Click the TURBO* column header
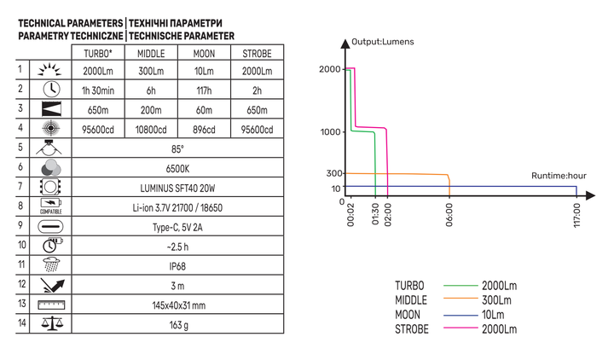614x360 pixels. point(98,53)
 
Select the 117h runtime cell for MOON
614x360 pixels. point(204,90)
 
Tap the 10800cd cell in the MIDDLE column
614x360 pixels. point(151,130)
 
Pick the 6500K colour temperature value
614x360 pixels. point(177,169)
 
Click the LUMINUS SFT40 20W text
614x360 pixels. point(177,189)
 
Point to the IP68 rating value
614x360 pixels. point(177,266)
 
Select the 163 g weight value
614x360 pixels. point(178,325)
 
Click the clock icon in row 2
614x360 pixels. point(51,90)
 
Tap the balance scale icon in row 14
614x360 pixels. point(52,323)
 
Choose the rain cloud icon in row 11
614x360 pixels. point(51,264)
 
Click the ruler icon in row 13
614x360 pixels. point(51,305)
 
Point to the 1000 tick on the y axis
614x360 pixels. point(331,132)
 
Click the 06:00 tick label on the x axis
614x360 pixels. point(449,215)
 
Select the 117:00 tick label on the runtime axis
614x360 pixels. point(576,216)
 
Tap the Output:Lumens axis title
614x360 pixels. point(383,42)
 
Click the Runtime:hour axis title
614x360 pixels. point(559,176)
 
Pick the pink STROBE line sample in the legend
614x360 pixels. point(460,328)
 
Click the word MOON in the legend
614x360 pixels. point(408,315)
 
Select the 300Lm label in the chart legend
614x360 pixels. point(496,300)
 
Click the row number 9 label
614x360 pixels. point(20,225)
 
